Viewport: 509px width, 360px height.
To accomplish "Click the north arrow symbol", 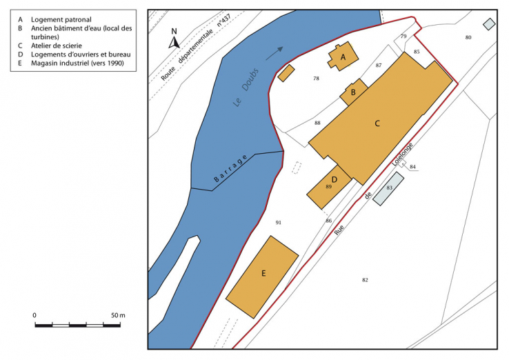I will click(174, 40).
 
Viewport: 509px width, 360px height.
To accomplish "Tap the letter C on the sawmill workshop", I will click(377, 123).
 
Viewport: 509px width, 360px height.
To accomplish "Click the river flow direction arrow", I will click(275, 50).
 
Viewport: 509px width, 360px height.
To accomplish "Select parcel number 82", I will click(365, 279).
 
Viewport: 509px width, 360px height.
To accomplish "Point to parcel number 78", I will click(316, 79).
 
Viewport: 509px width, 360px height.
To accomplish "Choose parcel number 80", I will click(468, 37).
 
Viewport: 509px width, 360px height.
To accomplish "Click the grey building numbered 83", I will click(390, 187).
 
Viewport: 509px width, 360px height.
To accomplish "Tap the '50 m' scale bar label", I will click(118, 315).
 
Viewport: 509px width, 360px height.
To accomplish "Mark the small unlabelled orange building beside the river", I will click(286, 72).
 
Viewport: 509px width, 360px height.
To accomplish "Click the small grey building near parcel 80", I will click(489, 24).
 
